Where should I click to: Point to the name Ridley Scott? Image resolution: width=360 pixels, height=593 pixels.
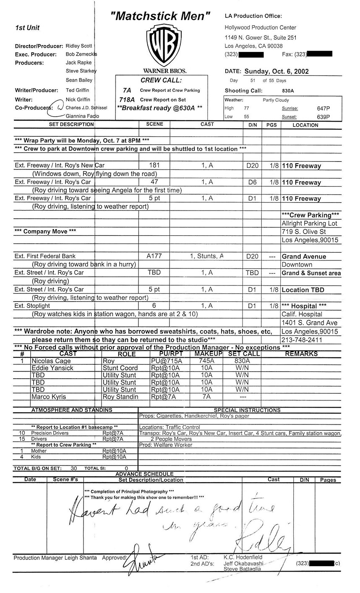pyautogui.click(x=79, y=46)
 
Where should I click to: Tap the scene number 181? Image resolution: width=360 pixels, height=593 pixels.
pyautogui.click(x=154, y=166)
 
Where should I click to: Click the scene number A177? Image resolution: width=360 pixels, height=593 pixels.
pyautogui.click(x=154, y=256)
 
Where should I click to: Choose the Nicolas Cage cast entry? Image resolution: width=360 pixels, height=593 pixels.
pyautogui.click(x=51, y=361)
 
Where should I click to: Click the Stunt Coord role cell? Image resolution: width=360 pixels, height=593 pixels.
pyautogui.click(x=120, y=368)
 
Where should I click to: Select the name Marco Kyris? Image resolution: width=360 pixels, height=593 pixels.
pyautogui.click(x=49, y=397)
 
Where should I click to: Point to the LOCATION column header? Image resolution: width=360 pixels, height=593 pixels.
pyautogui.click(x=305, y=125)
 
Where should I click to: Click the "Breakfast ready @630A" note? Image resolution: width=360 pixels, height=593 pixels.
pyautogui.click(x=162, y=108)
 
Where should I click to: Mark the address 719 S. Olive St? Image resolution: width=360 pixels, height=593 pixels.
pyautogui.click(x=304, y=231)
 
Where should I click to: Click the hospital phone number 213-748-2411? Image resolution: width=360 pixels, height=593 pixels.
pyautogui.click(x=302, y=340)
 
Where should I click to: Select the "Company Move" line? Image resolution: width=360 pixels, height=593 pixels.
pyautogui.click(x=45, y=231)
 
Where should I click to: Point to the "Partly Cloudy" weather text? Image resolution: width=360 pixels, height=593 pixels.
pyautogui.click(x=276, y=100)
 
